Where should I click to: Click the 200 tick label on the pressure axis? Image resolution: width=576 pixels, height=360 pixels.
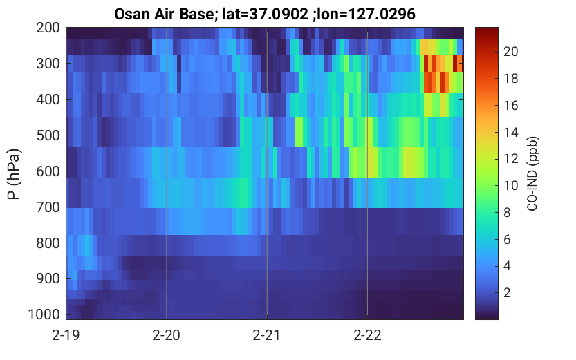click(x=48, y=28)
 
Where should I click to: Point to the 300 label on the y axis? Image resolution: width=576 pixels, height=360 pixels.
click(x=48, y=64)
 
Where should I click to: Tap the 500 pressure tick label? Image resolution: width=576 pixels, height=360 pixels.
click(x=48, y=135)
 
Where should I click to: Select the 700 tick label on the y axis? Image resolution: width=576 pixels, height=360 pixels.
click(x=48, y=207)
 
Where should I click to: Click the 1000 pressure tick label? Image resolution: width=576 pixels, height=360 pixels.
click(x=44, y=314)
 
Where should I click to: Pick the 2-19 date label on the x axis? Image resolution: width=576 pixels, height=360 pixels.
click(x=66, y=335)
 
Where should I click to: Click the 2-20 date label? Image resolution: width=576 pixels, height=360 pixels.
click(x=167, y=335)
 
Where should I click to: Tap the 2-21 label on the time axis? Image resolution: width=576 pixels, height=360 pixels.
click(x=267, y=335)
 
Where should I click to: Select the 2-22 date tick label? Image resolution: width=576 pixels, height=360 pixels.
click(x=367, y=335)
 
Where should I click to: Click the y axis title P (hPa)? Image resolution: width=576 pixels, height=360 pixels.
click(x=14, y=174)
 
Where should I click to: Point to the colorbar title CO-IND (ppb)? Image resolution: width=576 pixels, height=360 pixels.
click(x=532, y=173)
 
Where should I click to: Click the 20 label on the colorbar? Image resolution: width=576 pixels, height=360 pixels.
click(x=510, y=52)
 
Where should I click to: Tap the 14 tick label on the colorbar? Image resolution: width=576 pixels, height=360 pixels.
click(x=510, y=132)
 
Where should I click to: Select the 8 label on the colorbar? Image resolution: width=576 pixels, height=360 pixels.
click(x=507, y=213)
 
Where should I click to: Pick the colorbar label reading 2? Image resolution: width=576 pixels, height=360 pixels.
click(x=507, y=292)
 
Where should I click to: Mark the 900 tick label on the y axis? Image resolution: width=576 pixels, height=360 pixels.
click(x=48, y=279)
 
